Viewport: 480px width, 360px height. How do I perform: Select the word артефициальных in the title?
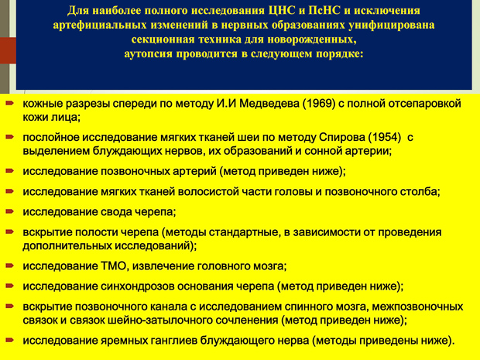pyautogui.click(x=100, y=26)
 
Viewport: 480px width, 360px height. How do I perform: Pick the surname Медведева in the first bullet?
pyautogui.click(x=269, y=104)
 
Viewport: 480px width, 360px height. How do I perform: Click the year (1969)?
pyautogui.click(x=319, y=104)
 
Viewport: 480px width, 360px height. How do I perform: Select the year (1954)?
pyautogui.click(x=384, y=138)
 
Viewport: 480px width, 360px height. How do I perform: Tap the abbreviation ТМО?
pyautogui.click(x=113, y=266)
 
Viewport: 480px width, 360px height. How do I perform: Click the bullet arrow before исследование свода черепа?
pyautogui.click(x=10, y=211)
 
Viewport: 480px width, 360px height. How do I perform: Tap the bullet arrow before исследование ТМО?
pyautogui.click(x=10, y=266)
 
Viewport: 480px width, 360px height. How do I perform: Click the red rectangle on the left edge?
pyautogui.click(x=8, y=50)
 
